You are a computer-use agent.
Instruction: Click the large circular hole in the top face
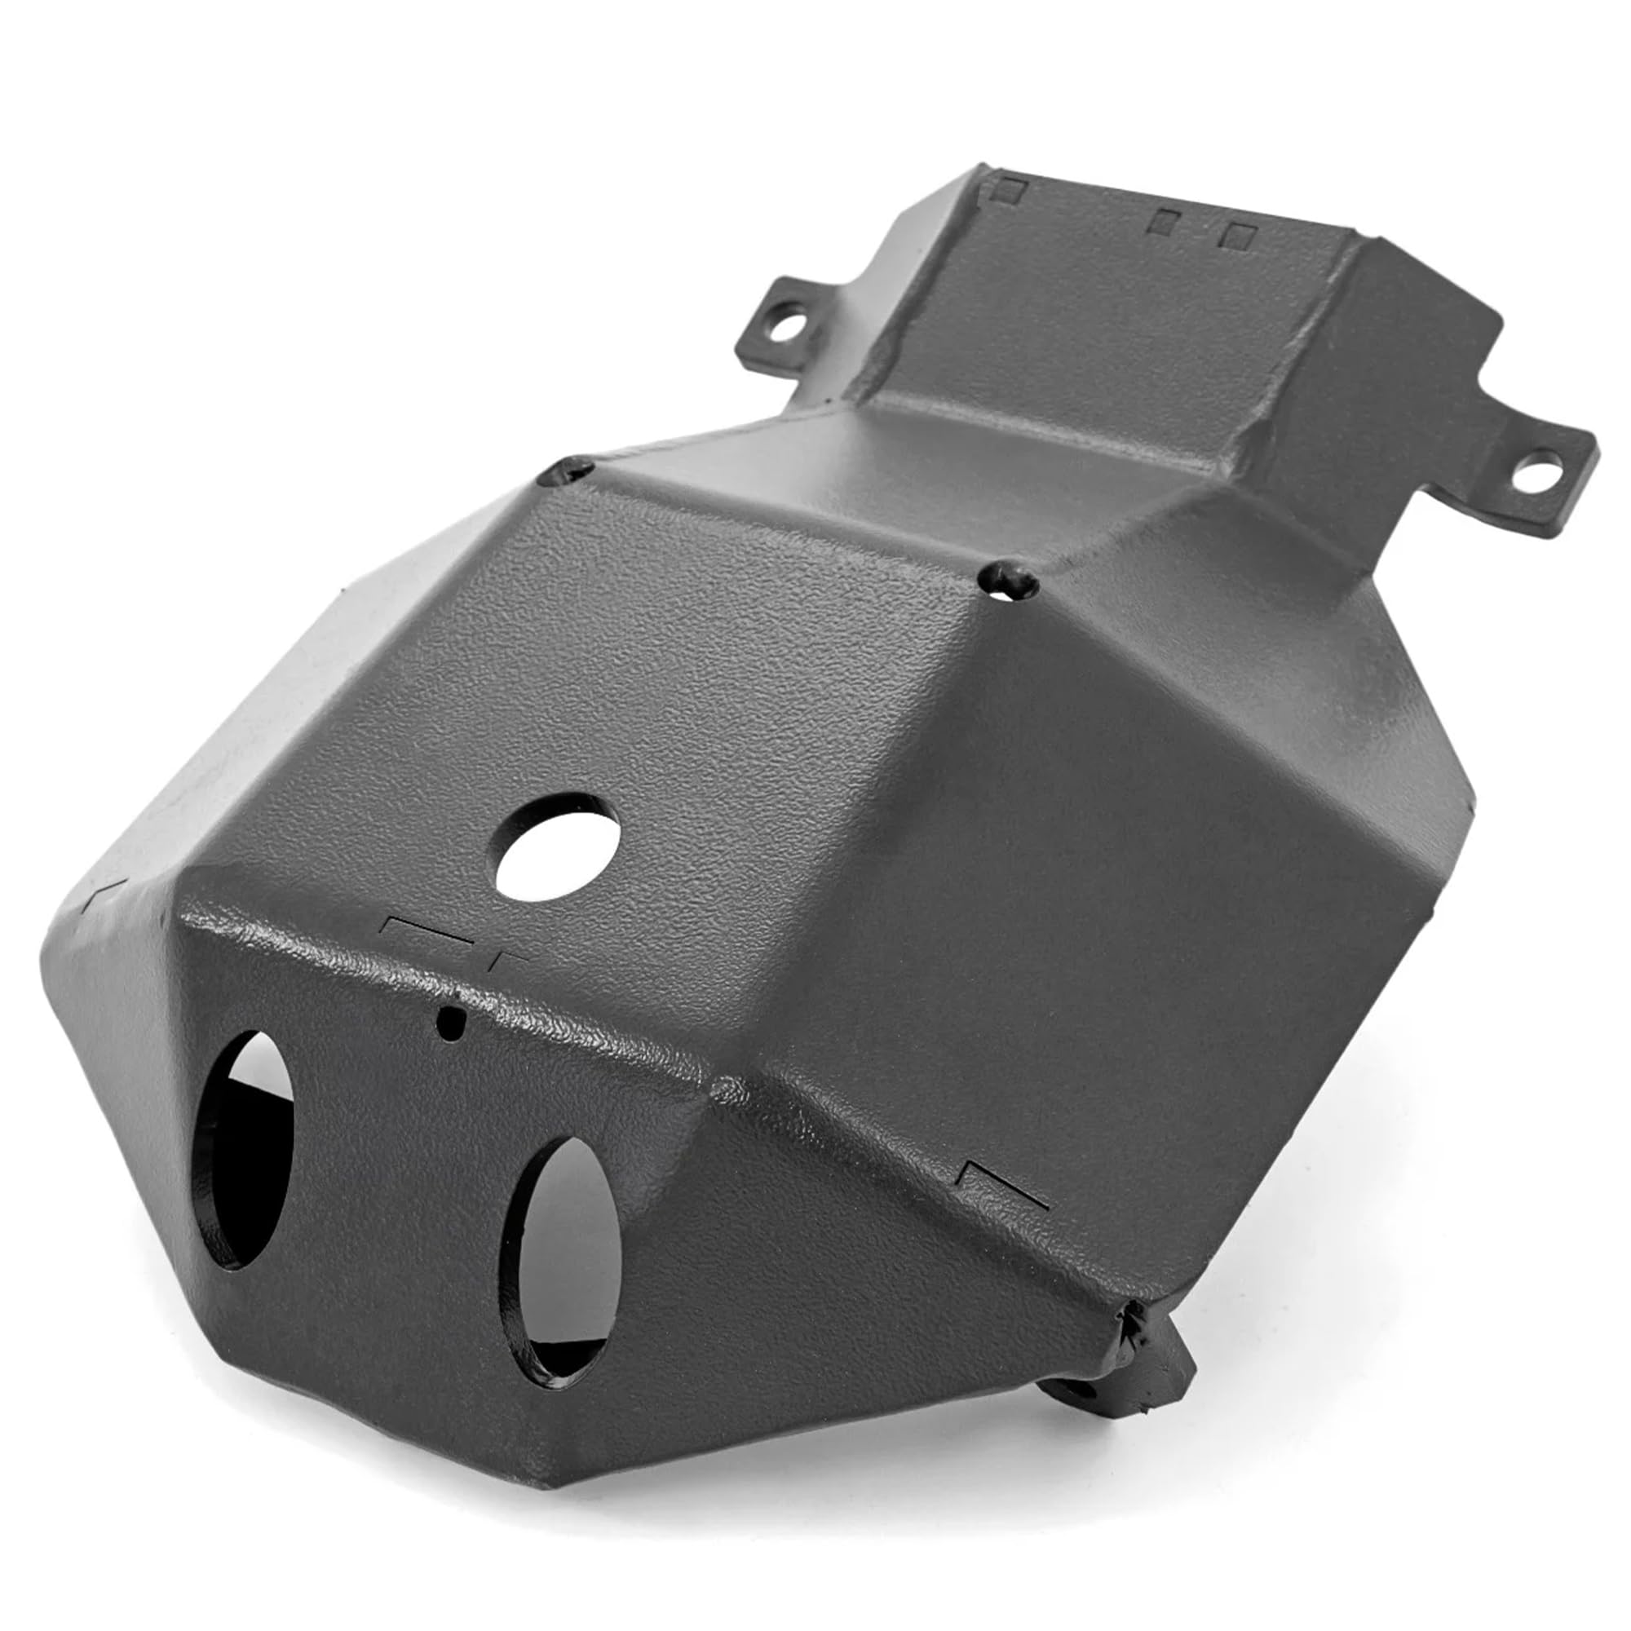557,846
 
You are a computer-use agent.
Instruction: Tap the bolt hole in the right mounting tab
1537,471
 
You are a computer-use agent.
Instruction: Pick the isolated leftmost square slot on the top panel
1008,190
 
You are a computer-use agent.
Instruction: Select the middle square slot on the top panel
1165,221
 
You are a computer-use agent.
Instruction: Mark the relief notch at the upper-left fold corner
566,470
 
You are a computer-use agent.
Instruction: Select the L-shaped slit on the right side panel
1005,1183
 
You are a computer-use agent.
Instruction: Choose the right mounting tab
1519,473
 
